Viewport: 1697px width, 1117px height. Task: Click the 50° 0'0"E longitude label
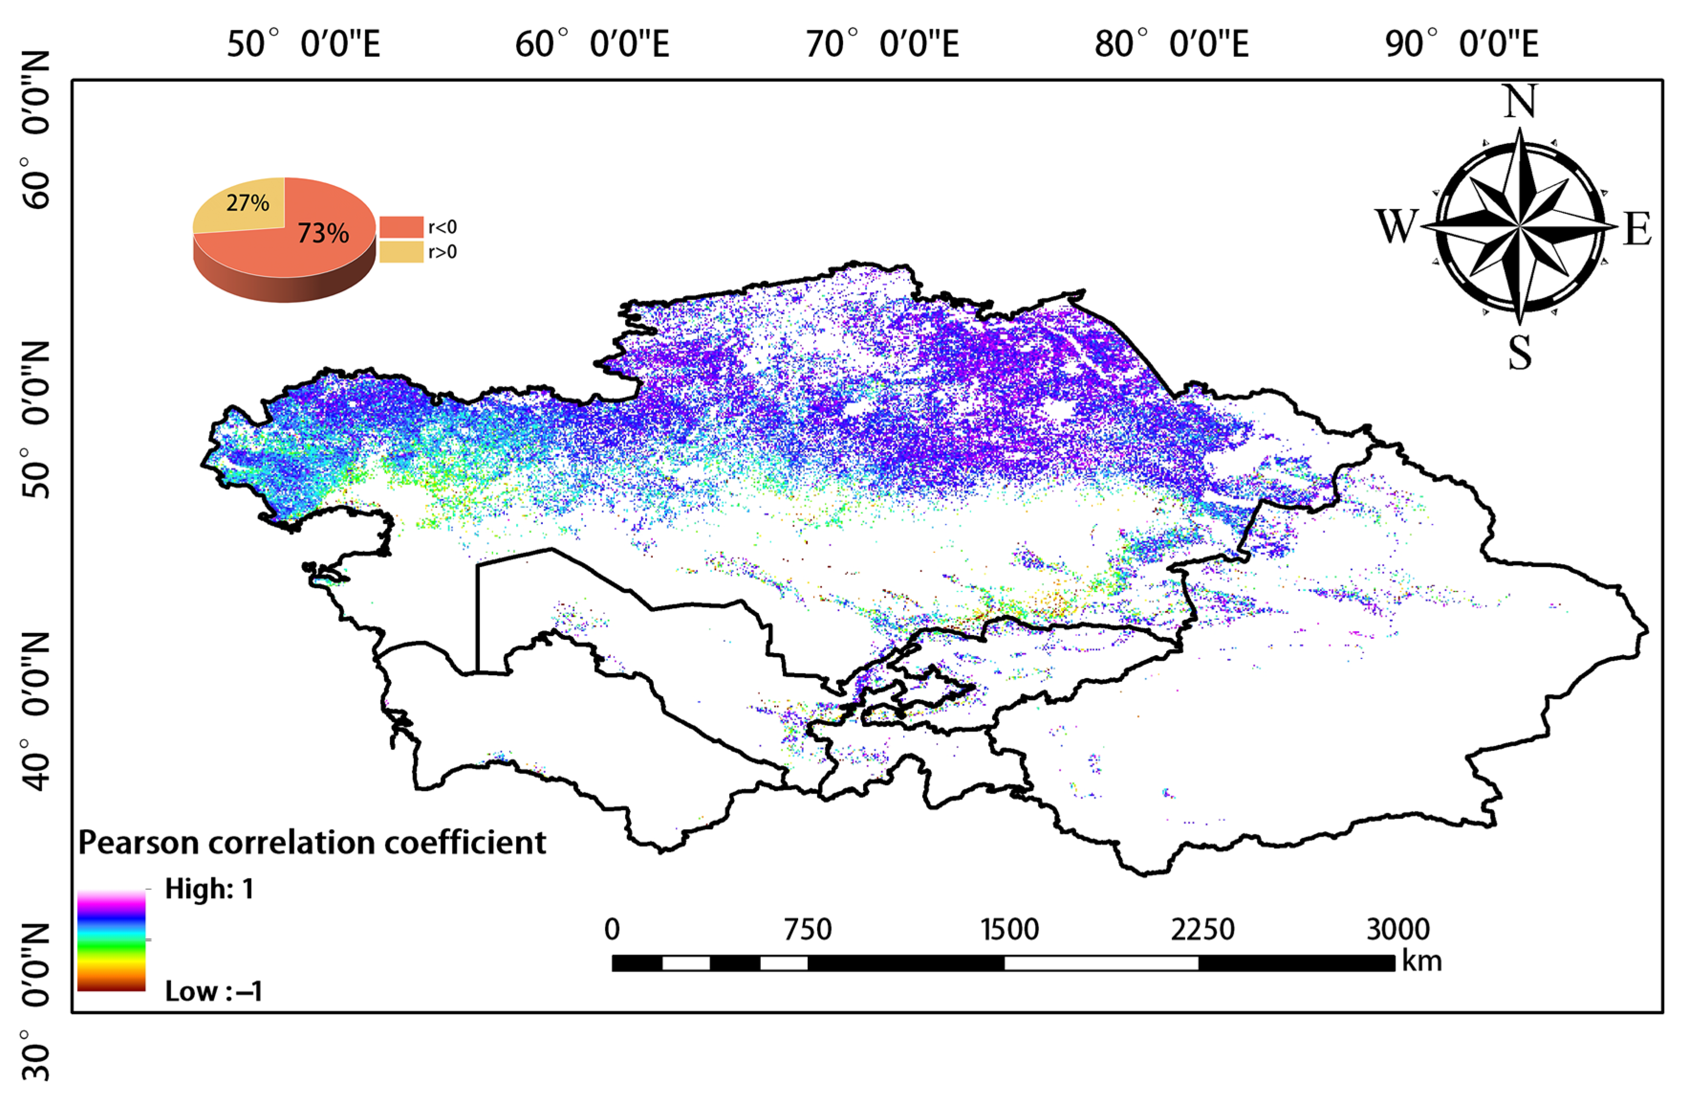(303, 44)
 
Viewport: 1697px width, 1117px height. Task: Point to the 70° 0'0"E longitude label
(882, 44)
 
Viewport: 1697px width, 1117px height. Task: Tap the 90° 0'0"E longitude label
(1462, 44)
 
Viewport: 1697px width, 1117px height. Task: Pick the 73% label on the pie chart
(323, 233)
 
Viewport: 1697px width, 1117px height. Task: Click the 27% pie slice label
(248, 203)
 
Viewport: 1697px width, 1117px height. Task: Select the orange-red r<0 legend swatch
(401, 227)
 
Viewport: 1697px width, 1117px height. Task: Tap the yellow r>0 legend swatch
(401, 252)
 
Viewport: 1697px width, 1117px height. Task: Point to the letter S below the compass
(1519, 352)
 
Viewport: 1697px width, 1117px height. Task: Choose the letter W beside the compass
(1396, 227)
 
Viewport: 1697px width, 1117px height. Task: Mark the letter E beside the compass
(1637, 230)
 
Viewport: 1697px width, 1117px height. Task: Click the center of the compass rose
(1519, 226)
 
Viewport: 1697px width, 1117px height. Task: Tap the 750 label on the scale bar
(807, 930)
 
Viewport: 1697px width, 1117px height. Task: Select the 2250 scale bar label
(1202, 930)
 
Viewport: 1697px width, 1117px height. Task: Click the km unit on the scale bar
(1422, 961)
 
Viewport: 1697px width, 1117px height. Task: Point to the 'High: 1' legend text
(209, 889)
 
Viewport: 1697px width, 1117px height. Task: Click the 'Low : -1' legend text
(213, 991)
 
